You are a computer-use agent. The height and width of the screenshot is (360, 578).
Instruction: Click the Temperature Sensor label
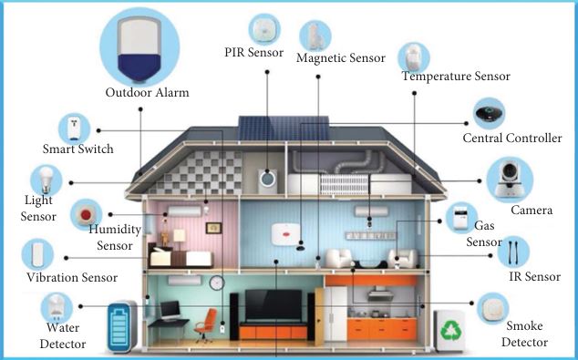click(456, 77)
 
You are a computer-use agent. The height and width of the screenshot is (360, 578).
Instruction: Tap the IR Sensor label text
click(533, 277)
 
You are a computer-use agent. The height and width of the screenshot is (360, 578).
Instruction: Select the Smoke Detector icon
click(492, 309)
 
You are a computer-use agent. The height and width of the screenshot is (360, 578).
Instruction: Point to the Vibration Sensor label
click(72, 277)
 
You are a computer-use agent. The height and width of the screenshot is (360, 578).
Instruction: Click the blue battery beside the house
click(122, 326)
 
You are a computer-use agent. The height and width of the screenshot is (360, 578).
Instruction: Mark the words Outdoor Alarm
click(148, 92)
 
